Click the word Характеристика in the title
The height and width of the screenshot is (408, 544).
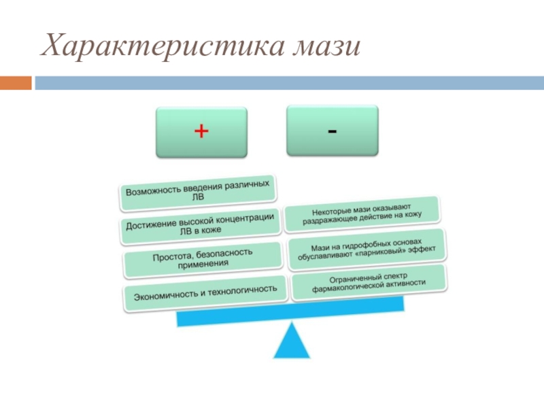(163, 47)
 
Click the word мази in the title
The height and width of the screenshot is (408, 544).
(325, 47)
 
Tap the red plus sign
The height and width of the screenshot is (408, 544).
(201, 131)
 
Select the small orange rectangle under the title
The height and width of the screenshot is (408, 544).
(15, 83)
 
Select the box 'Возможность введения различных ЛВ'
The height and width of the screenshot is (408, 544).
(199, 190)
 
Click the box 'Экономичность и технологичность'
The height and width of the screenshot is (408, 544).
(205, 292)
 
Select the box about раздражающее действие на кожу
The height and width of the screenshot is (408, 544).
(362, 211)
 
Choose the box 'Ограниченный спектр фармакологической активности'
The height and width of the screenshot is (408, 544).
(368, 282)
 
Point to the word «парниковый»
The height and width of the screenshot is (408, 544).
(380, 252)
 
